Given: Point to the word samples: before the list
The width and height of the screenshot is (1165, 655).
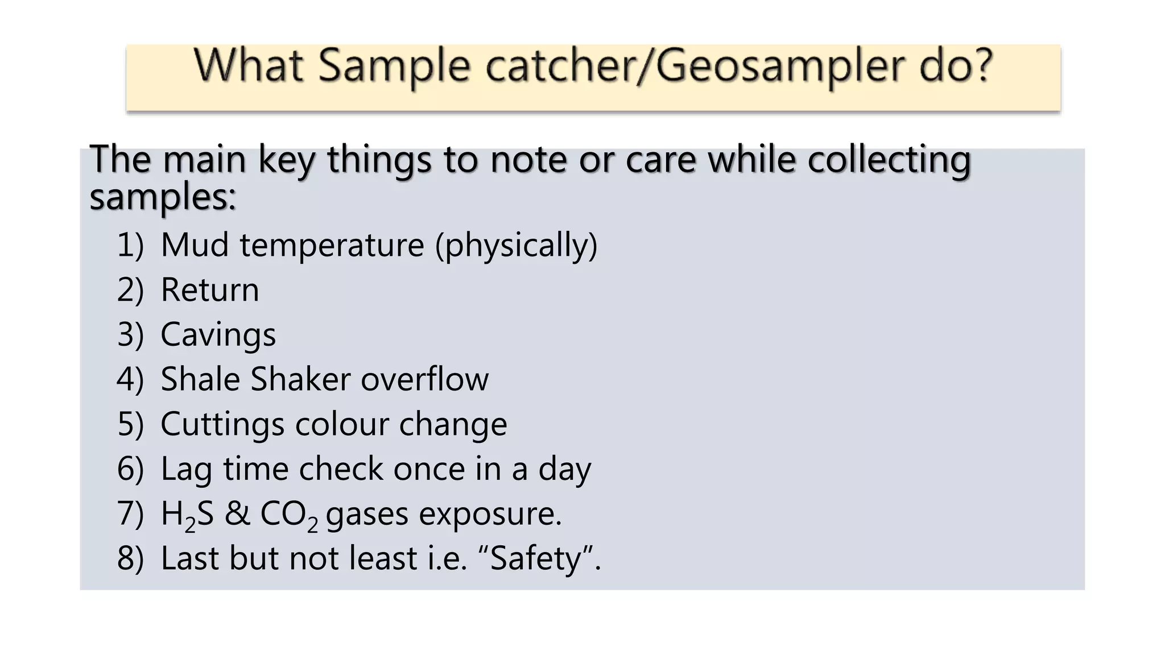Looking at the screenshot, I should pyautogui.click(x=163, y=197).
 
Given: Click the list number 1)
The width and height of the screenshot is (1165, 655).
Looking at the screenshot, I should pyautogui.click(x=130, y=245).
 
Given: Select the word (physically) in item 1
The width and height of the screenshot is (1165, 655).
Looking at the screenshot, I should pyautogui.click(x=517, y=246).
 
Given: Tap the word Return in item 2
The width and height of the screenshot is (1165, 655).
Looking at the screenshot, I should pyautogui.click(x=210, y=290).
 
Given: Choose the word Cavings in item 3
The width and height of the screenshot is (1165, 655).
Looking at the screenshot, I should pyautogui.click(x=218, y=335).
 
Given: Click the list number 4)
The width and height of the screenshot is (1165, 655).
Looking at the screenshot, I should pyautogui.click(x=130, y=379).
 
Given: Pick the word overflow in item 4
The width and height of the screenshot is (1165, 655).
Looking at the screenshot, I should pyautogui.click(x=424, y=379).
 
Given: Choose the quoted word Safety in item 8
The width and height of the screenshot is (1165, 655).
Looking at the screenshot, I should pyautogui.click(x=536, y=558).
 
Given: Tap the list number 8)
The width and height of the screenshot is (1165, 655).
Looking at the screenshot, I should pyautogui.click(x=130, y=558).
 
